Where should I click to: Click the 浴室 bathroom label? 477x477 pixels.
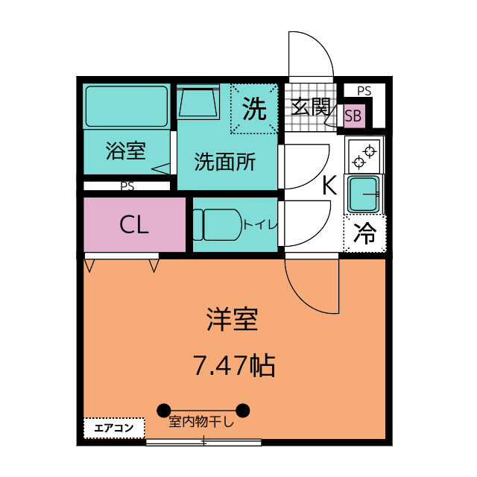click(126, 151)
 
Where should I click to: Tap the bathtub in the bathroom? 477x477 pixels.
click(127, 106)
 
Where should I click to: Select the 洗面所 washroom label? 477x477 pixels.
click(225, 162)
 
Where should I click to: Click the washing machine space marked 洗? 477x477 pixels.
click(254, 109)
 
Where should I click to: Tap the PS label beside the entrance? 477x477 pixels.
click(364, 91)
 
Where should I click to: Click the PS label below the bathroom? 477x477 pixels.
click(127, 186)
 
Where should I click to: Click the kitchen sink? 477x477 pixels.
click(364, 194)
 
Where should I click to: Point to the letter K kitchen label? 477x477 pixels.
click(329, 186)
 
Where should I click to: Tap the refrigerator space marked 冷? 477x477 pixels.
click(364, 233)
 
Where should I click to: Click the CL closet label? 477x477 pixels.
click(134, 225)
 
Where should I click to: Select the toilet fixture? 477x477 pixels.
click(217, 224)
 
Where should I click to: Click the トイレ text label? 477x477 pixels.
click(260, 225)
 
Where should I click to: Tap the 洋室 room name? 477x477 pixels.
click(233, 319)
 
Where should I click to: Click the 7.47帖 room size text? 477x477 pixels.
click(234, 365)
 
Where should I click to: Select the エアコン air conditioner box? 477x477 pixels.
click(114, 428)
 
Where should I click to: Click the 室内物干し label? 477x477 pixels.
click(201, 422)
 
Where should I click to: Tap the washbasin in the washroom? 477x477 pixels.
click(199, 102)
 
